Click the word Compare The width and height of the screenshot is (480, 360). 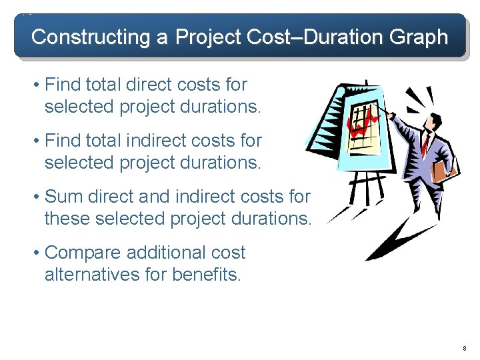(82, 253)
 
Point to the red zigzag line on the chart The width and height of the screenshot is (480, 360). (363, 123)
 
